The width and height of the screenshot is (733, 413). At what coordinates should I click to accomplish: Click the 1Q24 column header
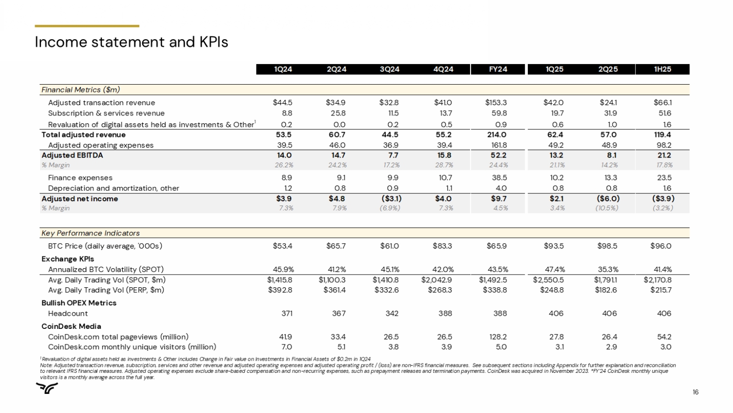(x=283, y=69)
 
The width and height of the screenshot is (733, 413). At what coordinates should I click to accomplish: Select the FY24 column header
(x=497, y=69)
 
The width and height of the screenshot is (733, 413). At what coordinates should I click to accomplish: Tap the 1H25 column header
(x=662, y=69)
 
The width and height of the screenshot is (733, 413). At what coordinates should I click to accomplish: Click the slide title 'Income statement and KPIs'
(x=131, y=43)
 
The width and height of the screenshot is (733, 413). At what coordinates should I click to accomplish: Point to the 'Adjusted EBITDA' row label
(x=72, y=156)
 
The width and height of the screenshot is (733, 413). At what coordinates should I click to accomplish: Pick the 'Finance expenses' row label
(x=80, y=178)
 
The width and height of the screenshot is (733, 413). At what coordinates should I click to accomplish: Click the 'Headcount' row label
(x=68, y=314)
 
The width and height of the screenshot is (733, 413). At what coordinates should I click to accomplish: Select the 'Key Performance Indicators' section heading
(x=90, y=233)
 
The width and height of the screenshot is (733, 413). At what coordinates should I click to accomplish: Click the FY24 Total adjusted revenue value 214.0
(x=496, y=135)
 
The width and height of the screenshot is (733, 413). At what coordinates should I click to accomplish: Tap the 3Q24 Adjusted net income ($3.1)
(x=391, y=199)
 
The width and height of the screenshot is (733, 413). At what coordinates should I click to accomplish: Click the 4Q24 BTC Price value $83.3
(x=443, y=246)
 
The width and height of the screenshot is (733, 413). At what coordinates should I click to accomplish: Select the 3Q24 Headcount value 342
(x=392, y=314)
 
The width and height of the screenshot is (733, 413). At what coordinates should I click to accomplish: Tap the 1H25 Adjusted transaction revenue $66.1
(x=663, y=103)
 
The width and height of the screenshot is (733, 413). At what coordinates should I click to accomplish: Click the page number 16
(x=695, y=392)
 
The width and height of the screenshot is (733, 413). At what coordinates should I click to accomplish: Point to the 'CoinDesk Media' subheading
(x=71, y=326)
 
